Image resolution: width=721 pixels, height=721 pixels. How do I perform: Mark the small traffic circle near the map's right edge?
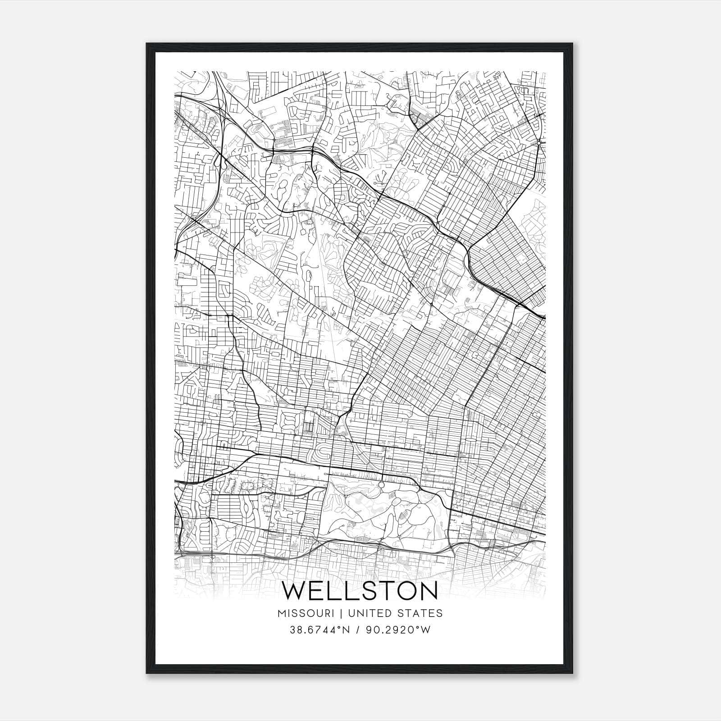point(539,143)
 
